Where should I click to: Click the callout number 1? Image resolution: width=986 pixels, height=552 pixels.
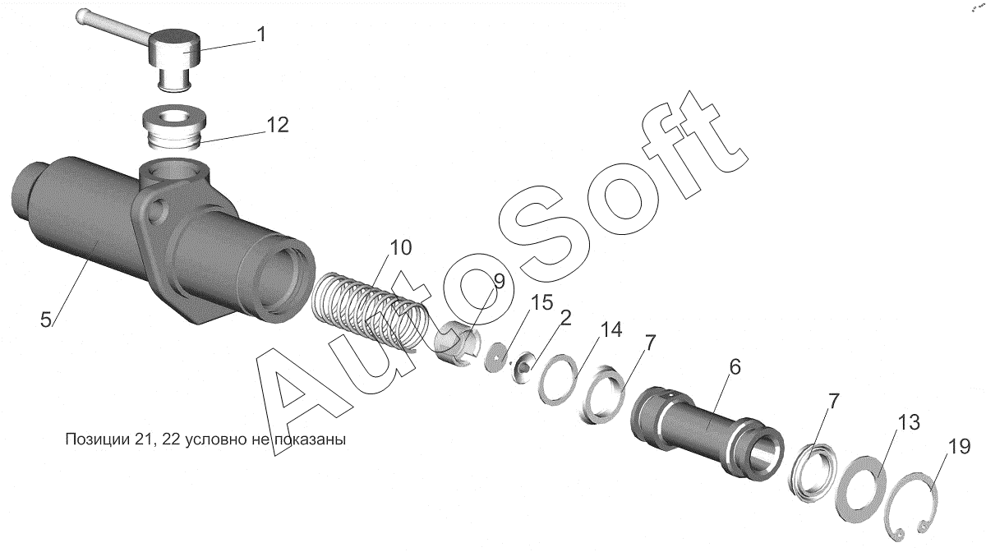pyautogui.click(x=261, y=34)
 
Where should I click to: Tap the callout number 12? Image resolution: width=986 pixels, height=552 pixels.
pyautogui.click(x=278, y=125)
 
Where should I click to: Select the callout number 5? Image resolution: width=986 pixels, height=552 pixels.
pyautogui.click(x=46, y=320)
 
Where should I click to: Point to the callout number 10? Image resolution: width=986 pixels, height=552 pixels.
pyautogui.click(x=401, y=248)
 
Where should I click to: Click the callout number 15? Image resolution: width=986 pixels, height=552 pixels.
pyautogui.click(x=541, y=303)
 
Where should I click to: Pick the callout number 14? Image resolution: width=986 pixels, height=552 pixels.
pyautogui.click(x=611, y=329)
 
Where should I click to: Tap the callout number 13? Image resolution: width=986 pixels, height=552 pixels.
pyautogui.click(x=909, y=422)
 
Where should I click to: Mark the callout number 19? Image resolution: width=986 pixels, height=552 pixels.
pyautogui.click(x=959, y=447)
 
